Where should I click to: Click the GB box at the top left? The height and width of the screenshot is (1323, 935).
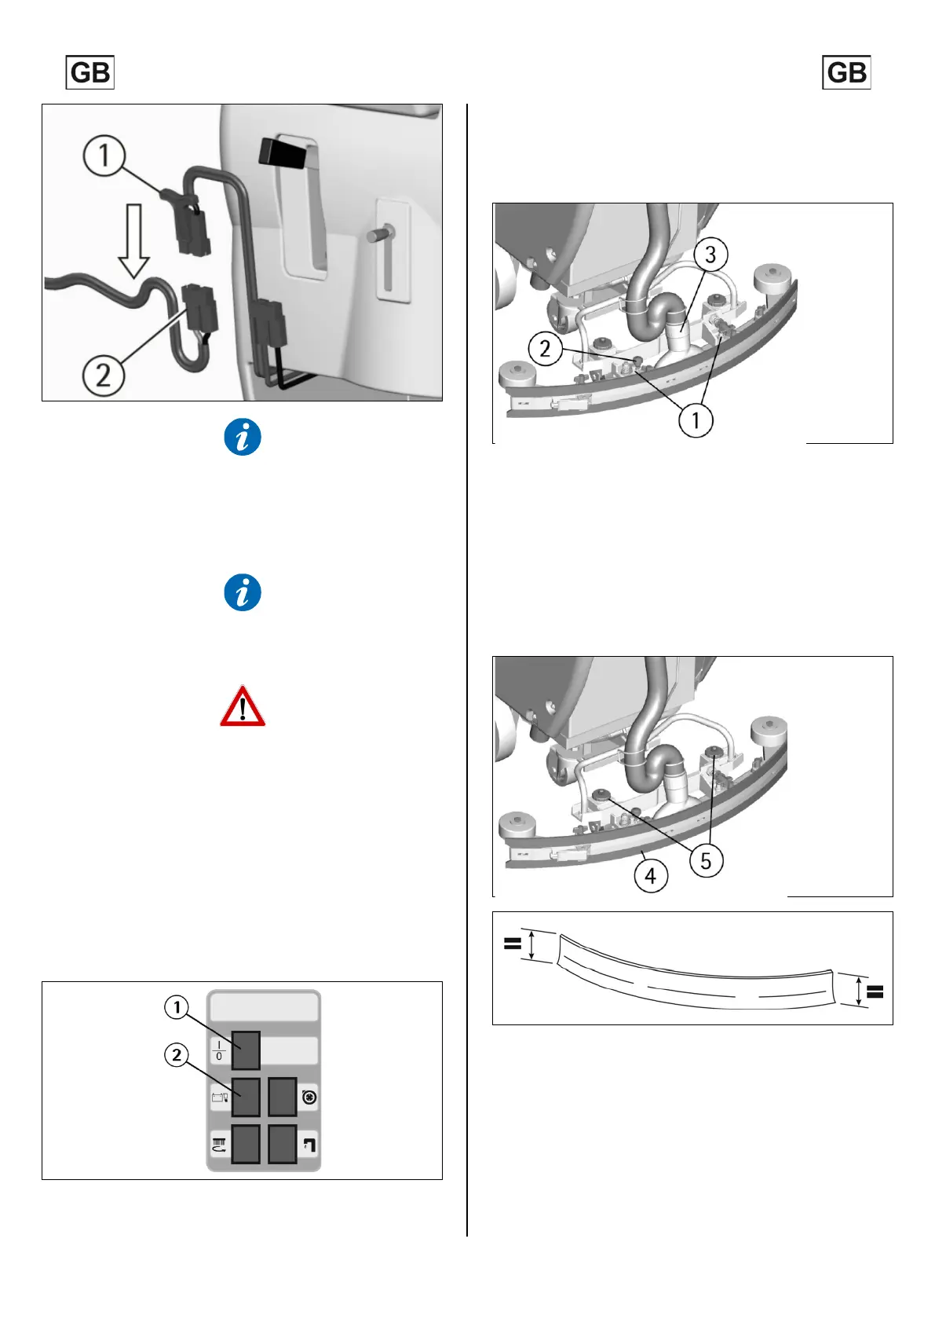coord(89,72)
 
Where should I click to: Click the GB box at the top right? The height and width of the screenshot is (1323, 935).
coord(846,72)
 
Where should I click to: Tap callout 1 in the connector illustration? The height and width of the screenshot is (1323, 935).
coord(104,156)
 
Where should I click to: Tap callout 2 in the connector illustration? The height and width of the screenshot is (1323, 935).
coord(104,375)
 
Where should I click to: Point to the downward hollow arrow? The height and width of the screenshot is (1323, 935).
coord(134,241)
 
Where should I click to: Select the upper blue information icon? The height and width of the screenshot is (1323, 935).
coord(243,437)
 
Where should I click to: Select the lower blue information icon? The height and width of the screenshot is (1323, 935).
coord(243,592)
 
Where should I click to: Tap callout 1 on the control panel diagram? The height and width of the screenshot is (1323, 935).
coord(177,1007)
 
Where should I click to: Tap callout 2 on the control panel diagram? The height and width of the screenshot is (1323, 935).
coord(177,1055)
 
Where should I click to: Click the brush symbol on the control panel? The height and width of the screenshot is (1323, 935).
coord(219,1145)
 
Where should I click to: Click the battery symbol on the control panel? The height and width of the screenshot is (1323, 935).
coord(219,1098)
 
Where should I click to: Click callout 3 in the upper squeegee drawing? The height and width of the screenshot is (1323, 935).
coord(710,255)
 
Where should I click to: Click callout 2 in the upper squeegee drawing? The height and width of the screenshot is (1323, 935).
coord(545,349)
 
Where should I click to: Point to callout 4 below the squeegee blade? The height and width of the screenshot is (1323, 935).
coord(651,876)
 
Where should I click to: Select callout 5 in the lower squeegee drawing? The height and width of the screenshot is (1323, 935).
coord(706,861)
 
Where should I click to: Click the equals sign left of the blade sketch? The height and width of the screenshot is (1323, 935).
coord(513,944)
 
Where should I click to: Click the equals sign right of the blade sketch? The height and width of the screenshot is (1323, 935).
coord(875,991)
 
